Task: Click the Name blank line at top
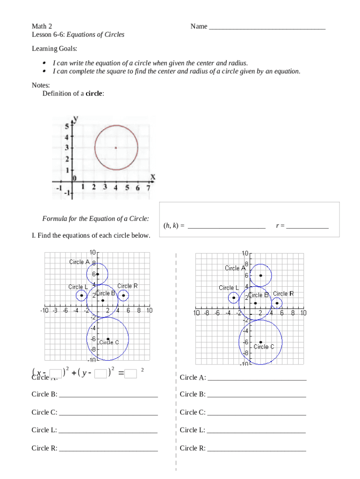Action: (267, 27)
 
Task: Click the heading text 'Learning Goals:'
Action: (54, 49)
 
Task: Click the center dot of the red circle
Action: (116, 148)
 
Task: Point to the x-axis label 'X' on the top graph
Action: (152, 177)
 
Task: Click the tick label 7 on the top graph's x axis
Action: (148, 188)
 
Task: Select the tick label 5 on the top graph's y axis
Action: (66, 127)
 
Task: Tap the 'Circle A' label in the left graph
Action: (79, 262)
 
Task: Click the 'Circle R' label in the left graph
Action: (127, 286)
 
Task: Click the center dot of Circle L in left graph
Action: (81, 295)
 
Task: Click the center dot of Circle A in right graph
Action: (260, 276)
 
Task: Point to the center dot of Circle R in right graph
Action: (277, 303)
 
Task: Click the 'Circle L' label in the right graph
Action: (229, 288)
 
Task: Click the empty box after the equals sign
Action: (131, 373)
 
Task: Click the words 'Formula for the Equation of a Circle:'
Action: (96, 218)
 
